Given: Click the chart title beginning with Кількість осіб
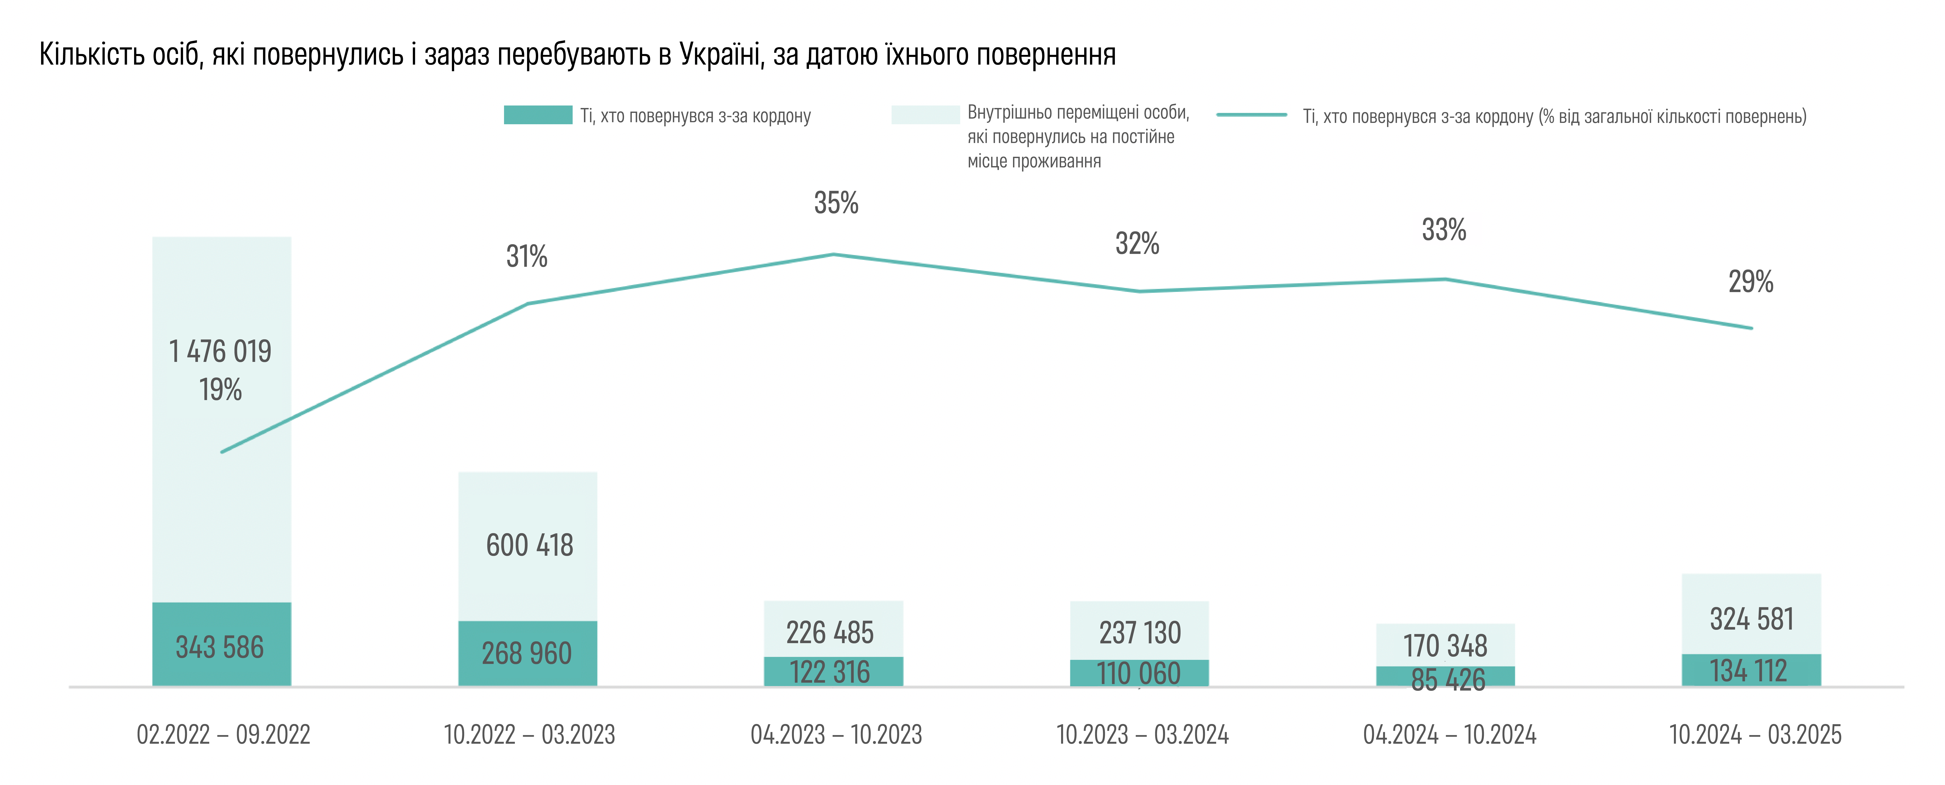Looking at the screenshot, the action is [x=578, y=54].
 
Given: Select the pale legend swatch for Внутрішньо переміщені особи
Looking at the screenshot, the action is [x=925, y=115].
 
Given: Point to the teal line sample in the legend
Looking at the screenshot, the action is [x=1252, y=115].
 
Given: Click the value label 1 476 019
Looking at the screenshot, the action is [x=221, y=351].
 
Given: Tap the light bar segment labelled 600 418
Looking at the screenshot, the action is [x=528, y=546].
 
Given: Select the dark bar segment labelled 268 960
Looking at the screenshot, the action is [x=528, y=654].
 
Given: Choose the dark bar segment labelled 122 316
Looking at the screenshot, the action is [x=834, y=672].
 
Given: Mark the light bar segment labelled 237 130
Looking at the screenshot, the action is [x=1139, y=630].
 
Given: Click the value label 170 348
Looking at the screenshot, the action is [x=1445, y=646].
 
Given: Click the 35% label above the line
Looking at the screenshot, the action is [x=836, y=202].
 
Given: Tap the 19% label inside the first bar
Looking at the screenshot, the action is [x=221, y=390].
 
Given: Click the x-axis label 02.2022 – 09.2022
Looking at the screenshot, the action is [x=223, y=734].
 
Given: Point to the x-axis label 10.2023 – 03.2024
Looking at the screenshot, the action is [x=1142, y=734].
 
